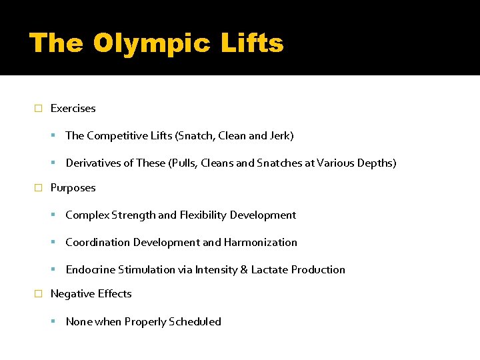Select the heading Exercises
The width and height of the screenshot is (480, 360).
[x=73, y=108]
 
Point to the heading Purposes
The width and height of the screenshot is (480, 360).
[x=73, y=188]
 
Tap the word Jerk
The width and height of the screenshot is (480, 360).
[x=279, y=136]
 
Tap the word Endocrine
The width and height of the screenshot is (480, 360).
[x=91, y=270]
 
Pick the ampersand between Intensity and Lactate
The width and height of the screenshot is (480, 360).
[x=243, y=270]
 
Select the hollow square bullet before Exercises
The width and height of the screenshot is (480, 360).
[x=38, y=109]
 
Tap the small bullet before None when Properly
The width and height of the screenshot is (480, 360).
[x=53, y=322]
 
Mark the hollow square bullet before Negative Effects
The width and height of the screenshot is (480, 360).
[x=38, y=294]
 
